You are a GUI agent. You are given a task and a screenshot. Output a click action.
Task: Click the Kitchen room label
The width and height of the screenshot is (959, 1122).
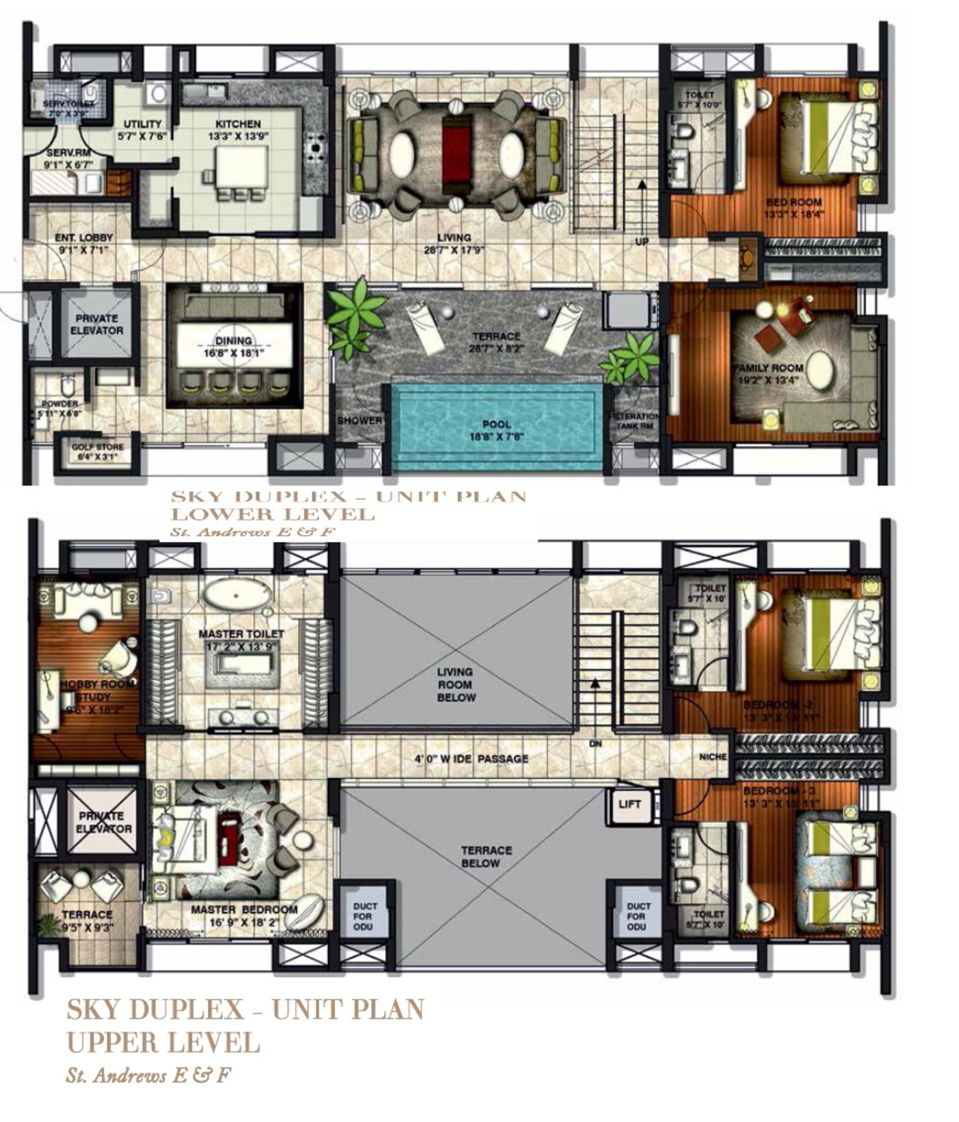[x=238, y=124]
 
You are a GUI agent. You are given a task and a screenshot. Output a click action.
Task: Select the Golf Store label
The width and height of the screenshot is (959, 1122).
[x=98, y=447]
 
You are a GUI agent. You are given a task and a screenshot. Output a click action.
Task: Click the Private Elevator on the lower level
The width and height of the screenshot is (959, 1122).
[x=96, y=324]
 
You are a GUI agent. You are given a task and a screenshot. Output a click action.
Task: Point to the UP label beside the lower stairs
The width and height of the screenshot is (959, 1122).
[x=642, y=242]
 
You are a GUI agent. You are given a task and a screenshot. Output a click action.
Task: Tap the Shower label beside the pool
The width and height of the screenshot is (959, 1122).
[x=359, y=420]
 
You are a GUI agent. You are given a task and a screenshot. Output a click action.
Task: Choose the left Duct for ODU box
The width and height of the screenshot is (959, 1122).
[x=365, y=916]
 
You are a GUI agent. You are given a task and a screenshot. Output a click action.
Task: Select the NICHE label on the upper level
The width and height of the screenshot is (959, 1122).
[x=713, y=757]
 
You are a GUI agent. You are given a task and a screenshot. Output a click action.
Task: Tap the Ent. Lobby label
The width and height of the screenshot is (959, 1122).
[x=84, y=238]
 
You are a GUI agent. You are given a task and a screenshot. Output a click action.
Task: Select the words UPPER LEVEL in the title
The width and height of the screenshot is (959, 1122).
[x=162, y=1042]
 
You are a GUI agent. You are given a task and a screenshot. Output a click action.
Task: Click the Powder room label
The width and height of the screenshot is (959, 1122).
[x=60, y=404]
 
